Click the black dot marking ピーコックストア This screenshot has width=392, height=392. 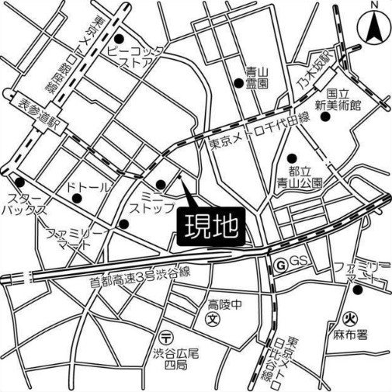119,40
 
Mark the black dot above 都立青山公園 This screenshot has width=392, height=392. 293,158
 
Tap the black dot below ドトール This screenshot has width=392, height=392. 75,200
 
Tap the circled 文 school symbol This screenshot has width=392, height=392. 213,318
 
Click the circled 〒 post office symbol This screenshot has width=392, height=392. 166,338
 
